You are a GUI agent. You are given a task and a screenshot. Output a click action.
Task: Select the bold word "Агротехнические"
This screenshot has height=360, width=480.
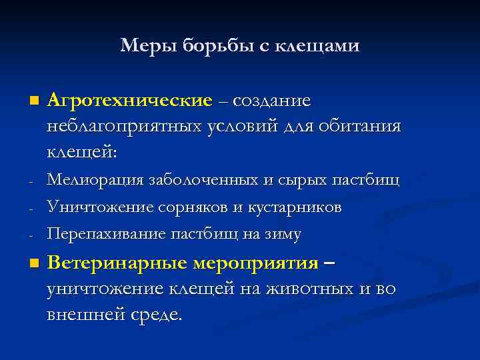pyautogui.click(x=129, y=101)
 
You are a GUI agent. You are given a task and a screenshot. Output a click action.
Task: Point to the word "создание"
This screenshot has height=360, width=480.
pyautogui.click(x=273, y=101)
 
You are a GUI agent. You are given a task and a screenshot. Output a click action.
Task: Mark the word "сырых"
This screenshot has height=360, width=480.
pyautogui.click(x=304, y=181)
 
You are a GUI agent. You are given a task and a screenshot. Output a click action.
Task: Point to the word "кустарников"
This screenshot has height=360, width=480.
pyautogui.click(x=293, y=207)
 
